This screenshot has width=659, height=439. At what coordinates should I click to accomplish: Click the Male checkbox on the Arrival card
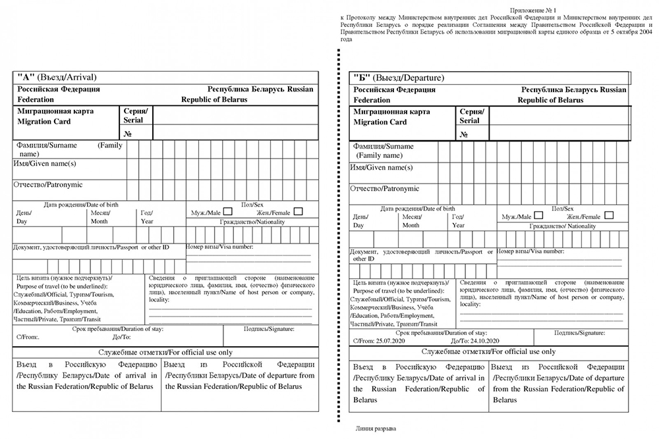[x=227, y=212]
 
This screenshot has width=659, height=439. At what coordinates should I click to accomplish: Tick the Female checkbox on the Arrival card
[x=298, y=212]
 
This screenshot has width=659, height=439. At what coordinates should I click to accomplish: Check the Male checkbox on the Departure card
[x=538, y=215]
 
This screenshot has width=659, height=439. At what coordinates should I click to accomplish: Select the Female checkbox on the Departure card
[x=608, y=215]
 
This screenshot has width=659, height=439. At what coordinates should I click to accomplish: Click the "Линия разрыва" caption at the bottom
[x=376, y=428]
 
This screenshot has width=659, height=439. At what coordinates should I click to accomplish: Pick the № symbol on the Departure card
[x=464, y=134]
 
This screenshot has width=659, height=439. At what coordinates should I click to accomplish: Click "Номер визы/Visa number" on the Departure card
[x=531, y=251]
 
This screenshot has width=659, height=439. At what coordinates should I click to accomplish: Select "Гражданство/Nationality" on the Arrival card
[x=250, y=222]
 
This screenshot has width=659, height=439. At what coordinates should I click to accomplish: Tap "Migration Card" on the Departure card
[x=380, y=122]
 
